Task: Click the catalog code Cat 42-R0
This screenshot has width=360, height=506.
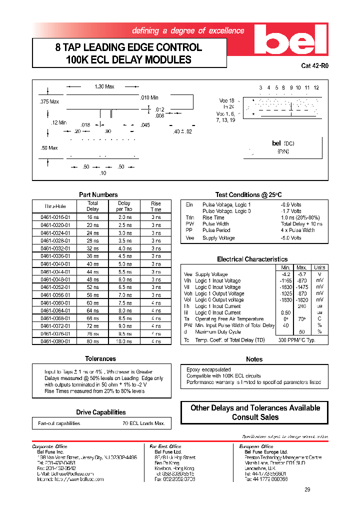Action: tap(315, 65)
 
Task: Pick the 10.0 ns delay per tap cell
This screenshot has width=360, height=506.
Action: tap(124, 341)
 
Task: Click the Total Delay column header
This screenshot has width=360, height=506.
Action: tap(93, 206)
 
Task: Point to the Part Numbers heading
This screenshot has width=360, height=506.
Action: tap(98, 194)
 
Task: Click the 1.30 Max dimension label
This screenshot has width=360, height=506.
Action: tap(104, 86)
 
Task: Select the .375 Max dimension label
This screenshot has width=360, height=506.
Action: tap(49, 101)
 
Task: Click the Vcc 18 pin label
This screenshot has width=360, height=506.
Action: tap(226, 100)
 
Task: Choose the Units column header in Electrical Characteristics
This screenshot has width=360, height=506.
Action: tap(319, 267)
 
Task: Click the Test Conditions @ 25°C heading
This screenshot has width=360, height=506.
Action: tap(248, 194)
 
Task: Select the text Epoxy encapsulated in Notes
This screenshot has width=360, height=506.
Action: tap(208, 369)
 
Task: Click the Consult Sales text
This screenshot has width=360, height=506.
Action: tap(255, 417)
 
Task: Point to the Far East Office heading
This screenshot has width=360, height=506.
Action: tap(165, 446)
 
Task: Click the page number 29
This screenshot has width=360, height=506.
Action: tap(307, 489)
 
